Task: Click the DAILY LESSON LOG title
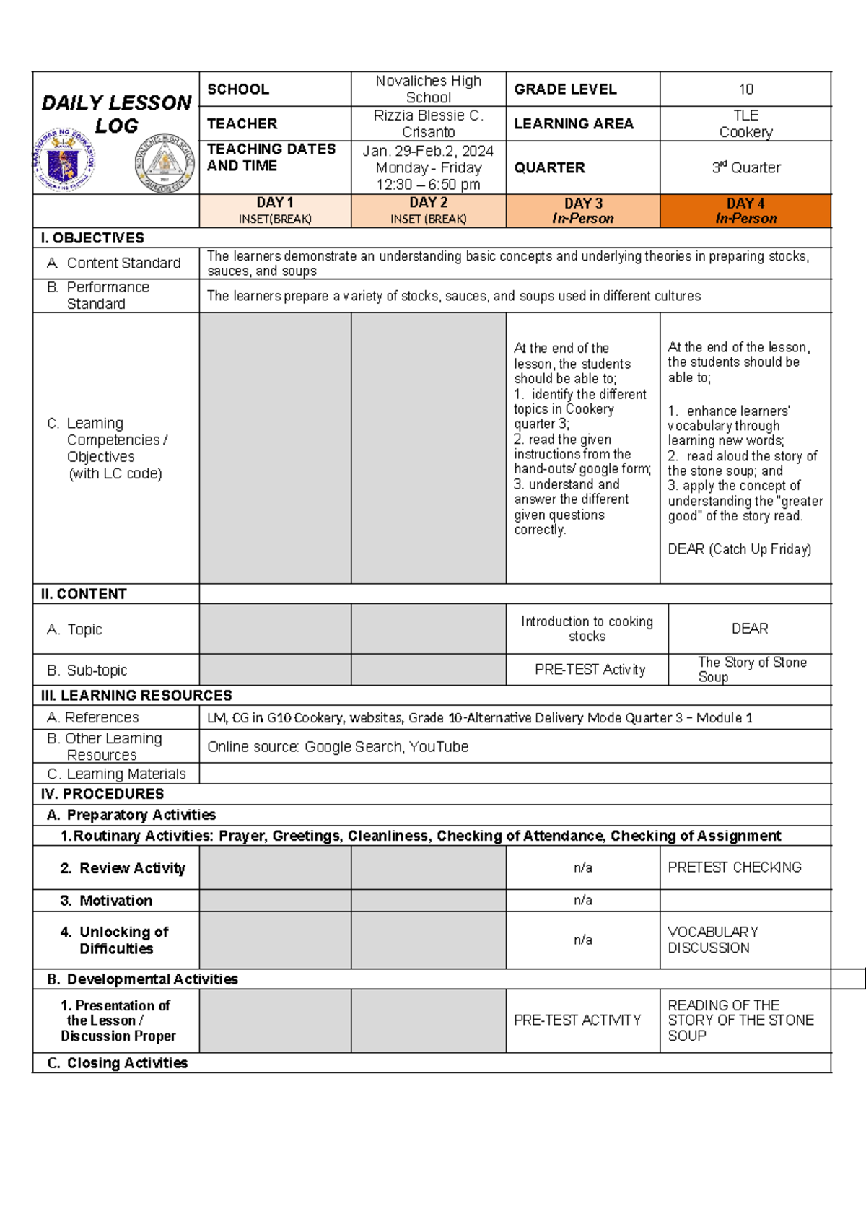tap(116, 113)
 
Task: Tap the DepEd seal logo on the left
tap(64, 161)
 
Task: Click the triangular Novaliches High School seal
tap(165, 162)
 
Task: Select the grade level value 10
tap(745, 89)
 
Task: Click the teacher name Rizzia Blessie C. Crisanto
tap(428, 123)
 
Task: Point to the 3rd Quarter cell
tap(745, 167)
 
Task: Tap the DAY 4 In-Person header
tap(745, 211)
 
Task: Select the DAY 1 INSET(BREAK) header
tap(275, 211)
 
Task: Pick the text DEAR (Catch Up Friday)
tap(739, 549)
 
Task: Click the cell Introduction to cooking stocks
tap(587, 629)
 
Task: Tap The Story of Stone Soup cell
tap(751, 669)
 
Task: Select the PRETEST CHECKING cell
tap(734, 867)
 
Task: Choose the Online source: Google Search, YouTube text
tap(338, 747)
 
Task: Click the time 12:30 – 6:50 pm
tap(428, 185)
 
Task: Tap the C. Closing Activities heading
tap(117, 1063)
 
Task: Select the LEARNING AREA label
tap(573, 124)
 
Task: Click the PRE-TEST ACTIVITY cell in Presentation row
tap(577, 1020)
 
